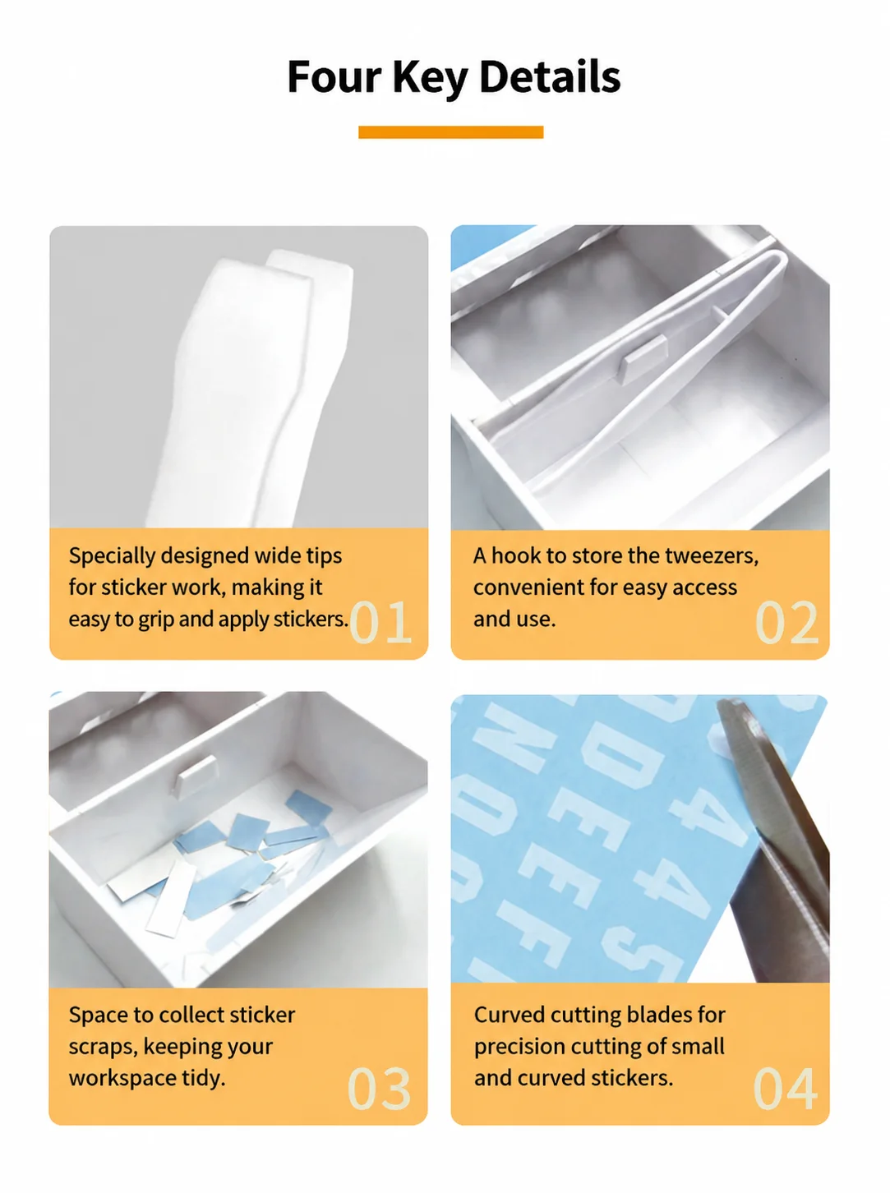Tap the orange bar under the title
click(450, 132)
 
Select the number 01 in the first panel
click(380, 622)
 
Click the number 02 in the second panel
click(786, 622)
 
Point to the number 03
click(379, 1089)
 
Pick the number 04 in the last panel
click(785, 1089)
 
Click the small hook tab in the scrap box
click(196, 773)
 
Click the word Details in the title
click(550, 77)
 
